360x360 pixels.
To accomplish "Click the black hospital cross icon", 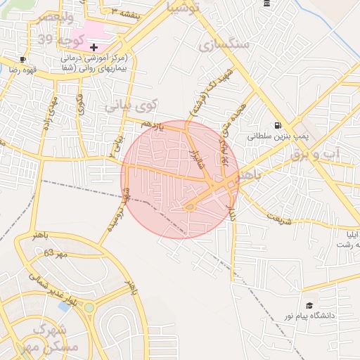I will pos(94,46).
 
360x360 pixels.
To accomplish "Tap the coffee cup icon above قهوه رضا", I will pos(23,60).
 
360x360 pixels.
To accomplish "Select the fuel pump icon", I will pos(278,126).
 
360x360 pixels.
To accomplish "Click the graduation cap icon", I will pos(309,305).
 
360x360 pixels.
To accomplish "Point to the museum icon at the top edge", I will pos(266,4).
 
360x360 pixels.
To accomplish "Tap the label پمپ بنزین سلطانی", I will pos(275,138).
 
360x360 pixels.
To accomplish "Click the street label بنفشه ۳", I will pos(124,12).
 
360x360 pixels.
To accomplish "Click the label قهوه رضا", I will pos(22,70).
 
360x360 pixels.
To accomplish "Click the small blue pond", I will pos(65,307).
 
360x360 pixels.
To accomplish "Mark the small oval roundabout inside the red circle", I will pos(189,207).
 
